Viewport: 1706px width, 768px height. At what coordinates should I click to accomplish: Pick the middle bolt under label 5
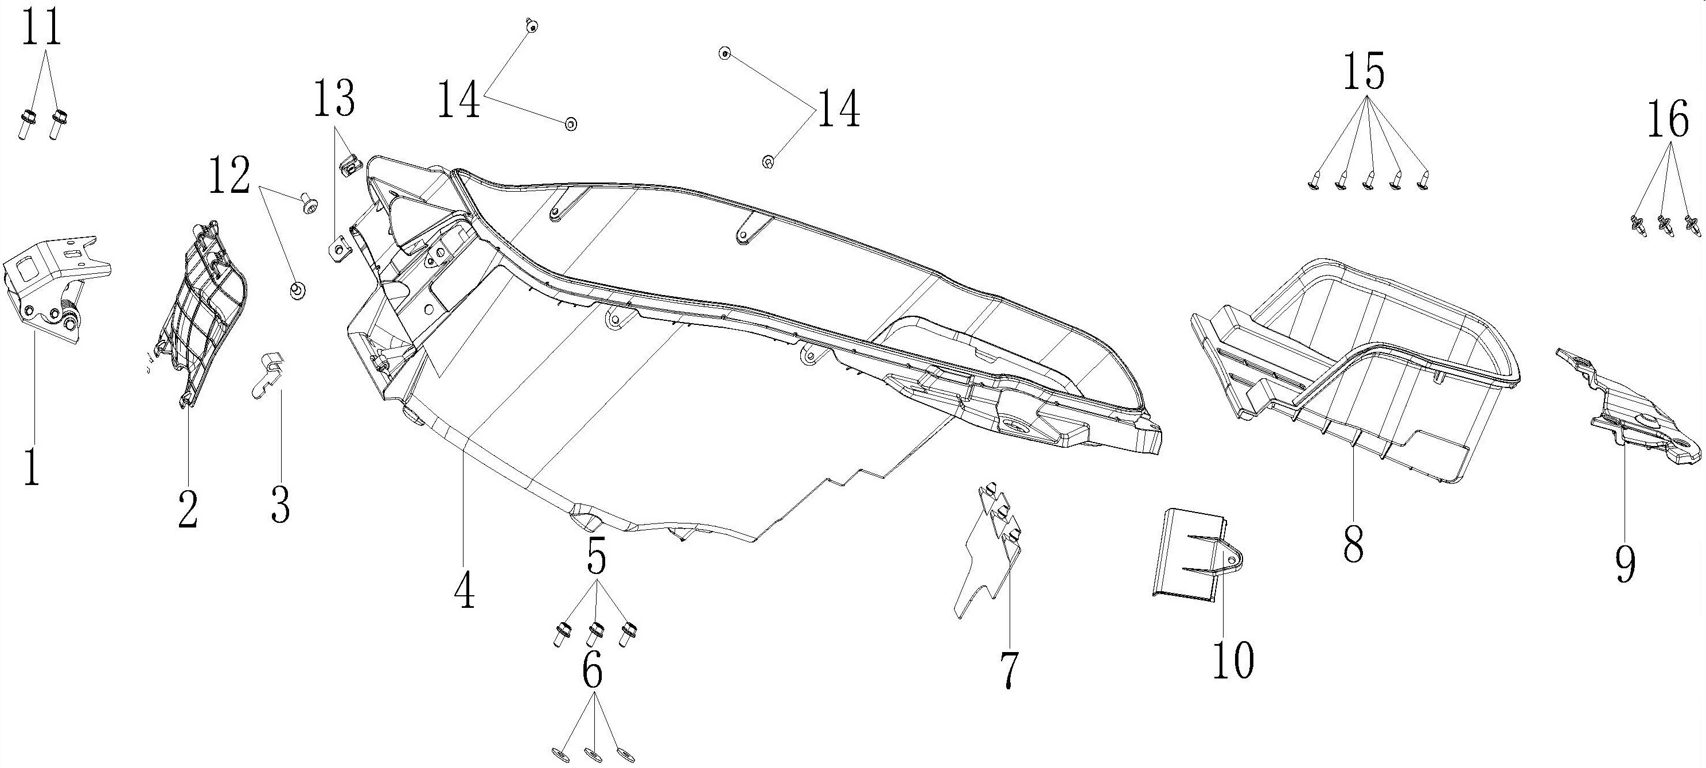595,634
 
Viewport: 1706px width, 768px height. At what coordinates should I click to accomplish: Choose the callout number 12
229,176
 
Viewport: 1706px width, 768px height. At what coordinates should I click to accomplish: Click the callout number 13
334,98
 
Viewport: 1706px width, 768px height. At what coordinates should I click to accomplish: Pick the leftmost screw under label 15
1315,182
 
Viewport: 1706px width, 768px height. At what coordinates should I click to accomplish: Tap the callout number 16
1668,122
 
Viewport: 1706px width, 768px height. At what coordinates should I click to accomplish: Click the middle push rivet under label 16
1666,242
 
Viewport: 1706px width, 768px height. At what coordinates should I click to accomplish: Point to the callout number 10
1234,660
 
